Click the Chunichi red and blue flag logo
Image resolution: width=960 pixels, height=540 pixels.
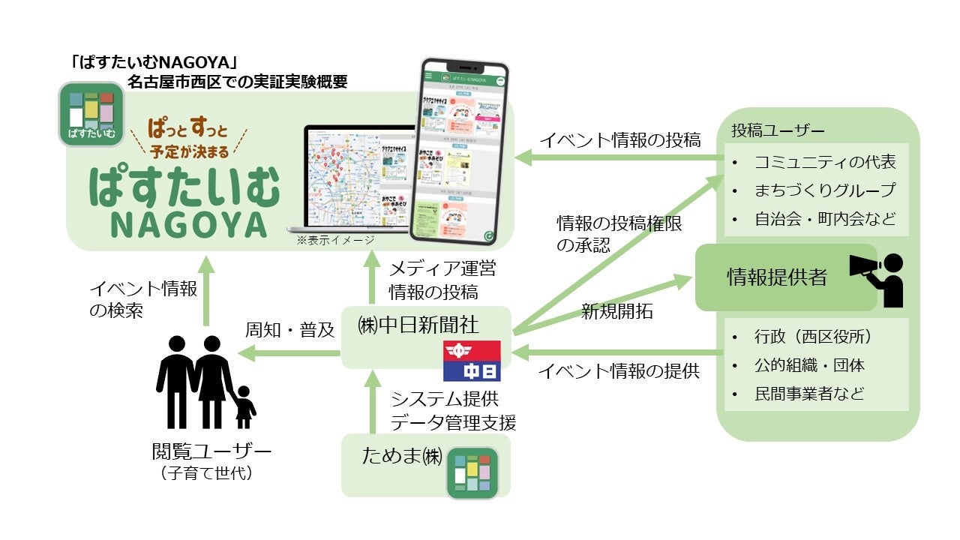tap(472, 361)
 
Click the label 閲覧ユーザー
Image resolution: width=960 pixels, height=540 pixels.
tap(211, 452)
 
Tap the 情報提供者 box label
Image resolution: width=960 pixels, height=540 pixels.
tap(777, 277)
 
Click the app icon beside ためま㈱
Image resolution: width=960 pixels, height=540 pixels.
tap(472, 472)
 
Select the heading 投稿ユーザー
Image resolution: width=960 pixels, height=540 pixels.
tap(778, 130)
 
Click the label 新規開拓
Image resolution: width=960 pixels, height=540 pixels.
tap(616, 312)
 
